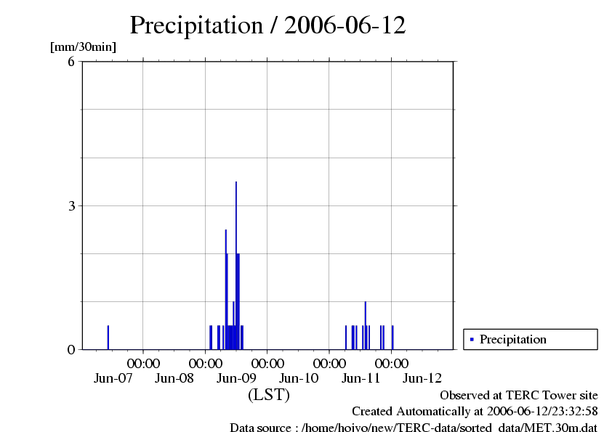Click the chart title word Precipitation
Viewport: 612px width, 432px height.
[x=196, y=25]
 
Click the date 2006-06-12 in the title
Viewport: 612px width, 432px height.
[x=345, y=25]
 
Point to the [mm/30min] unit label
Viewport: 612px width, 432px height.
[x=83, y=47]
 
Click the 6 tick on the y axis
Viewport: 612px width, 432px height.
[x=71, y=62]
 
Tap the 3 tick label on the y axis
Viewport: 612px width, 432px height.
[x=71, y=205]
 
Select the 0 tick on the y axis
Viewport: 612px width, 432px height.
[x=71, y=349]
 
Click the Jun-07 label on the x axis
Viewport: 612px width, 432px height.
[x=113, y=378]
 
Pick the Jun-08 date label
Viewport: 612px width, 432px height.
[x=174, y=378]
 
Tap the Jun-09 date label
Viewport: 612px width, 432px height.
[x=237, y=378]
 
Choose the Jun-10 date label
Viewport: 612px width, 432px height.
[x=299, y=378]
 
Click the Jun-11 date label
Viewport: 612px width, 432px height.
[x=361, y=378]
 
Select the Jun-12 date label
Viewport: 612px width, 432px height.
[x=422, y=378]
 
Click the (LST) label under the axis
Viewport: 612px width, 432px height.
[x=268, y=395]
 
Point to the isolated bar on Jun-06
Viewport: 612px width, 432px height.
[x=108, y=338]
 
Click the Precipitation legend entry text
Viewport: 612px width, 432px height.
[x=513, y=339]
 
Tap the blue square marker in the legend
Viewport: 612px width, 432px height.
[x=472, y=339]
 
